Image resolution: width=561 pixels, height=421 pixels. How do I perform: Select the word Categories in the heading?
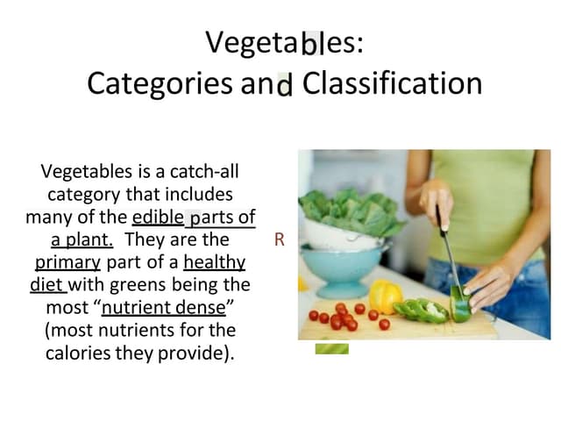pos(146,84)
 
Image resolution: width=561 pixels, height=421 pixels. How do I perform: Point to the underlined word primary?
pos(67,262)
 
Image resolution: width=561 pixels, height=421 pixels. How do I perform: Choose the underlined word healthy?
pos(214,262)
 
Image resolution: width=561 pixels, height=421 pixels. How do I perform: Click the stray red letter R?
pos(280,239)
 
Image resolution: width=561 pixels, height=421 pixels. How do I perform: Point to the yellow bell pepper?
pos(385,296)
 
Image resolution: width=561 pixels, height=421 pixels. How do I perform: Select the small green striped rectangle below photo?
pos(331,348)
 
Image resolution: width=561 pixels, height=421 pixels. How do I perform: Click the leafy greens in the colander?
pos(346,210)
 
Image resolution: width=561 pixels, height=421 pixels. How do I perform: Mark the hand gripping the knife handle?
pos(436,204)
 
